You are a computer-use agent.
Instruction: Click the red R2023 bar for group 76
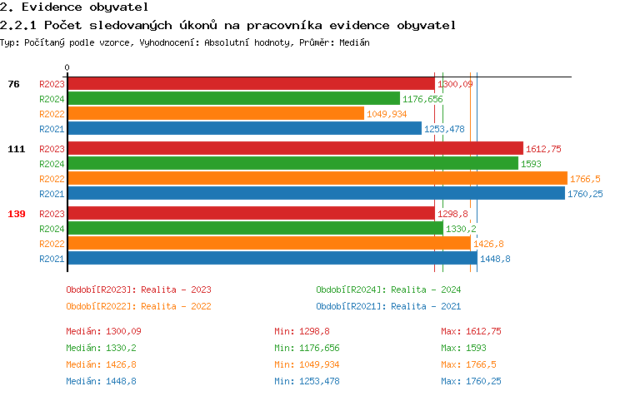point(250,84)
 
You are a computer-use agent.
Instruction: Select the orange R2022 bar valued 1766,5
point(317,179)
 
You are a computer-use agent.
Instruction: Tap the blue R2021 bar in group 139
point(272,259)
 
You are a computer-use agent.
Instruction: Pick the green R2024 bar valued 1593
point(292,164)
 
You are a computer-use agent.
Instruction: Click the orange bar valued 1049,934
point(215,114)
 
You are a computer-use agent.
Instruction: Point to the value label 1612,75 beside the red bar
point(544,149)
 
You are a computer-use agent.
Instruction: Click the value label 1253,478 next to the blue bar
point(445,129)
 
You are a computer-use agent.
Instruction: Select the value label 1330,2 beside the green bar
point(461,229)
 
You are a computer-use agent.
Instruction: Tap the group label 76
point(13,84)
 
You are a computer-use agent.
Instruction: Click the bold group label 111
point(16,149)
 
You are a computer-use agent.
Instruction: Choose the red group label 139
point(16,214)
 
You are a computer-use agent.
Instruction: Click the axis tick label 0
point(67,68)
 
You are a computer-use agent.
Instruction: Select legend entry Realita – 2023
point(138,290)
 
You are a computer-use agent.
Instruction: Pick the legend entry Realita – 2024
point(388,290)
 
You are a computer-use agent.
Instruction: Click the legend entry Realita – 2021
point(388,306)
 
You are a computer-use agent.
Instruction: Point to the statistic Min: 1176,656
point(307,348)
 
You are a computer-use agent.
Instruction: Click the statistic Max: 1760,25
point(471,381)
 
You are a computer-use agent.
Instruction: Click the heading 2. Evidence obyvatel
point(75,7)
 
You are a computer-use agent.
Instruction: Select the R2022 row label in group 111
point(52,179)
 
